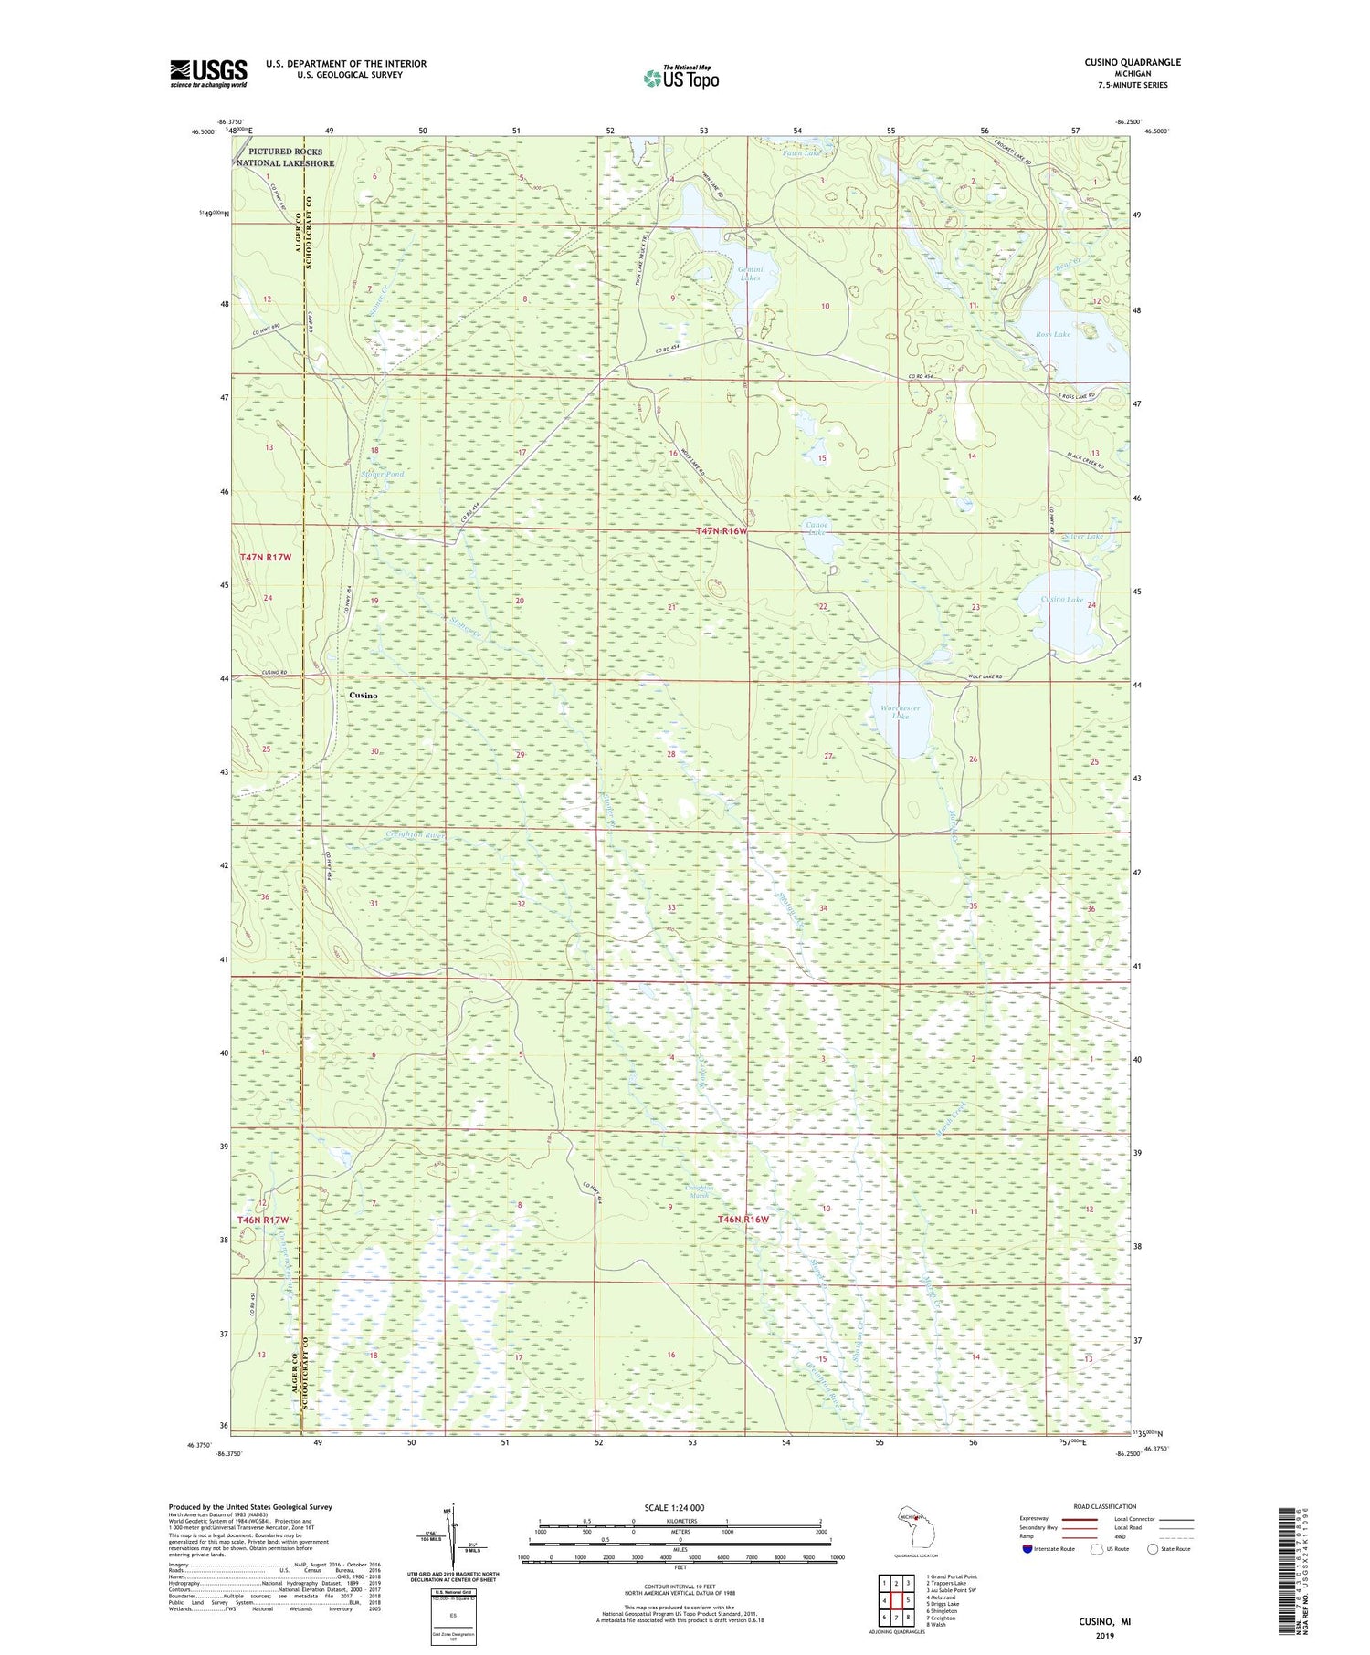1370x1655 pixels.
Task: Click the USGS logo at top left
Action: coord(208,73)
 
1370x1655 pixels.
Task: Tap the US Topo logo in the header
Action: coord(680,79)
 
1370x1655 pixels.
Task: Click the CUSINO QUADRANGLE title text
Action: coord(1126,62)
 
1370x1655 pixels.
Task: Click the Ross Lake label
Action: coord(1052,335)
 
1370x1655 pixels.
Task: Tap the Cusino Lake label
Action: coord(1062,600)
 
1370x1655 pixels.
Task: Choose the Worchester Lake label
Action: coord(900,712)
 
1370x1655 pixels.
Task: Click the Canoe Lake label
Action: coord(815,529)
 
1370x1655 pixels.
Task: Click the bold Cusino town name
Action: coord(364,695)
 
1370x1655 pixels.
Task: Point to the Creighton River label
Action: coord(414,834)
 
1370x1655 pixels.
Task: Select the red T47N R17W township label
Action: coord(265,557)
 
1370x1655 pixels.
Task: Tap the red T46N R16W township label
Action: coord(743,1219)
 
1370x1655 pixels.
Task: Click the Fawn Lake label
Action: coord(802,153)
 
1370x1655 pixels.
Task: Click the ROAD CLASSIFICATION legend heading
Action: coord(1105,1506)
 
